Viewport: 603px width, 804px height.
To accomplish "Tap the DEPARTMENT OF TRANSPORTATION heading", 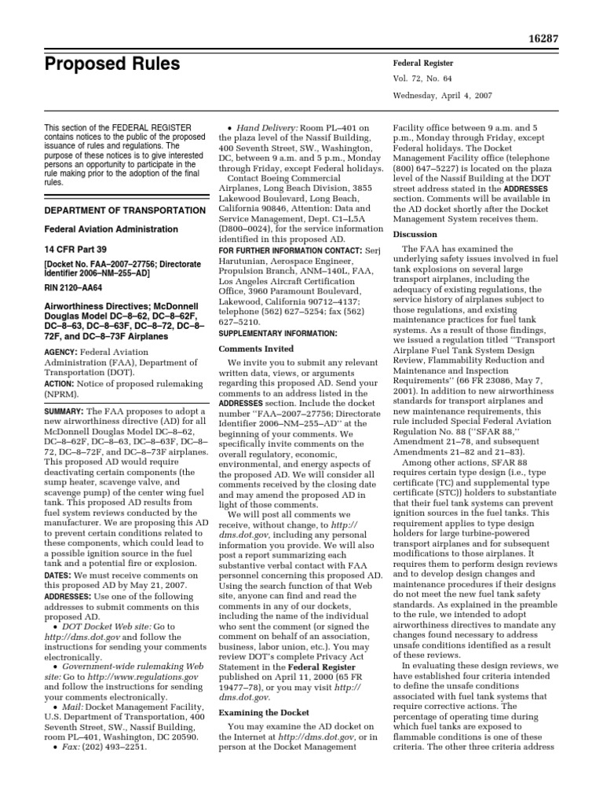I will (113, 210).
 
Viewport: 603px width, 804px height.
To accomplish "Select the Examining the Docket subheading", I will (263, 712).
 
